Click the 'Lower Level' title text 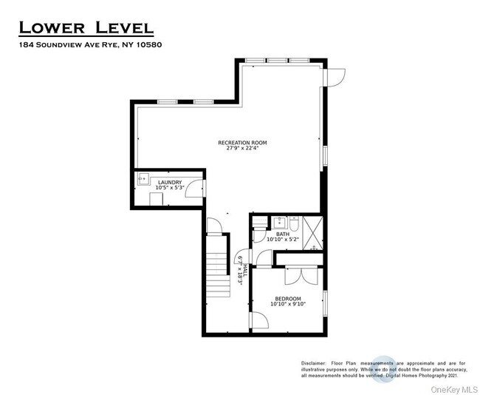86,28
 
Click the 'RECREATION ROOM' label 242,142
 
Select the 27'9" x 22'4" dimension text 242,148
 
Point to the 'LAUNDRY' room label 168,181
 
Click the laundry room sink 142,178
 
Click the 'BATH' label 283,234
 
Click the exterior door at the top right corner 337,75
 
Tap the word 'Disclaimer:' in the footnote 315,364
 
